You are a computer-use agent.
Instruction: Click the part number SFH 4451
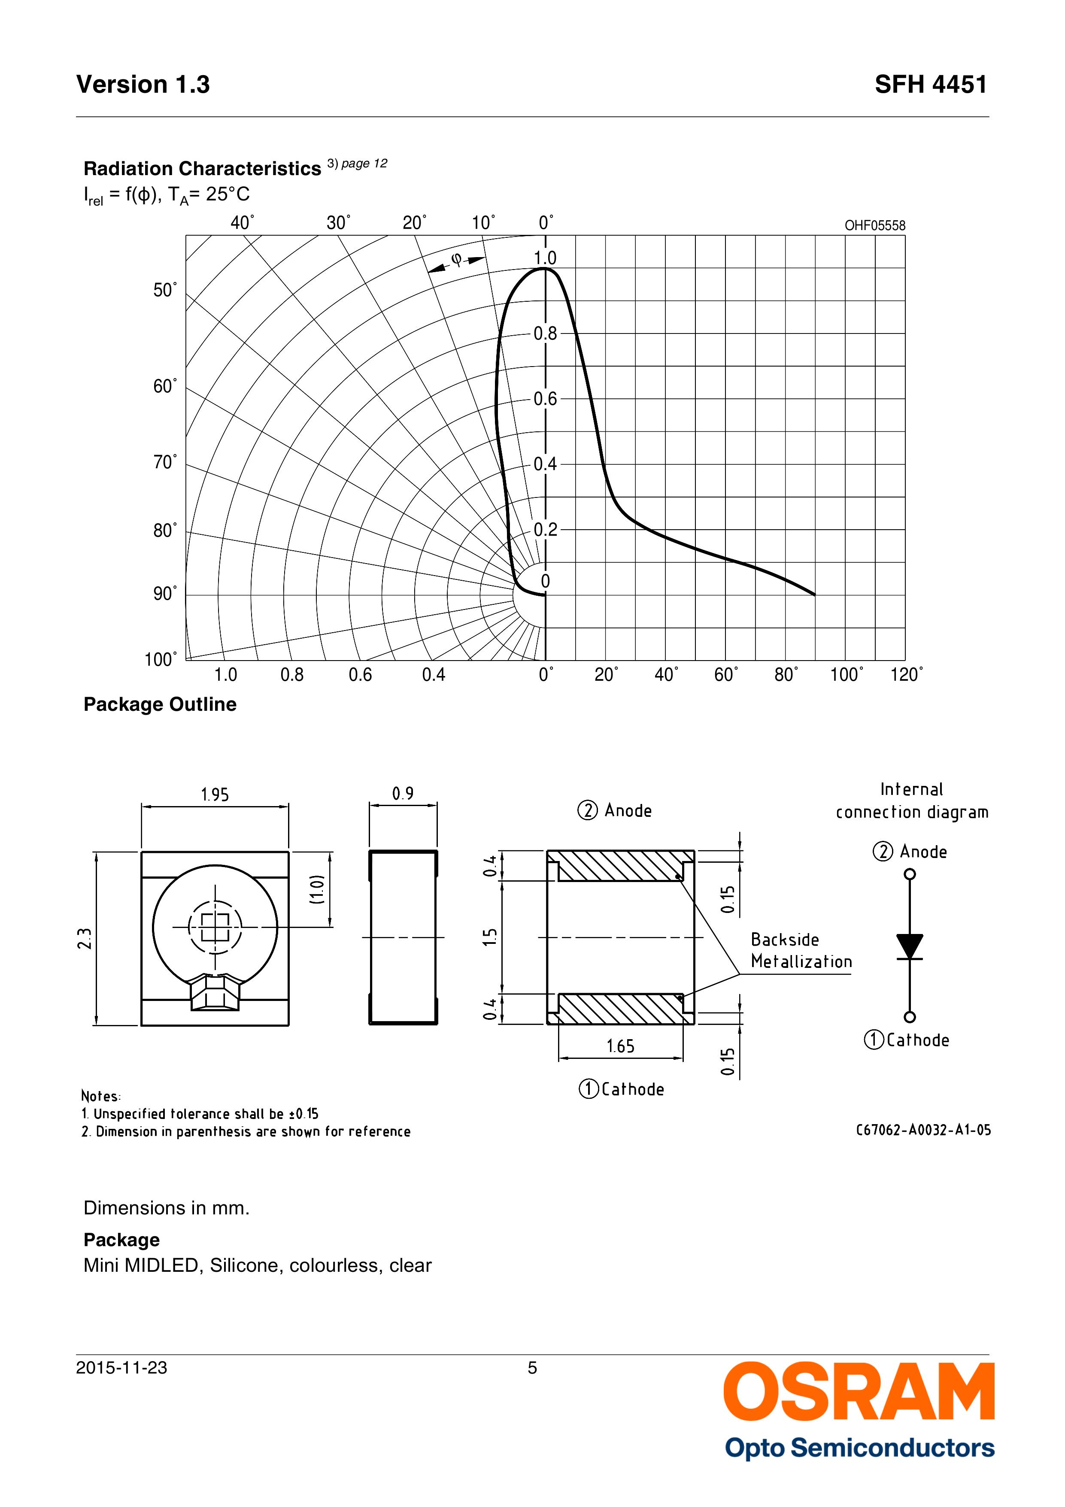pyautogui.click(x=930, y=85)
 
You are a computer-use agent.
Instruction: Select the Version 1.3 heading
pyautogui.click(x=143, y=85)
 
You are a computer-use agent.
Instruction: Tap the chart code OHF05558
pyautogui.click(x=874, y=225)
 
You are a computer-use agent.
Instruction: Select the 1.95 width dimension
pyautogui.click(x=215, y=795)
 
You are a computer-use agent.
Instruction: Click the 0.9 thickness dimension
pyautogui.click(x=403, y=794)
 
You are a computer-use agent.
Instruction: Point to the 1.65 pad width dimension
pyautogui.click(x=620, y=1046)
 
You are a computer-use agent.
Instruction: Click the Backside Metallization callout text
pyautogui.click(x=801, y=950)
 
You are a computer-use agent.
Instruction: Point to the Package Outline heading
pyautogui.click(x=160, y=704)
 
